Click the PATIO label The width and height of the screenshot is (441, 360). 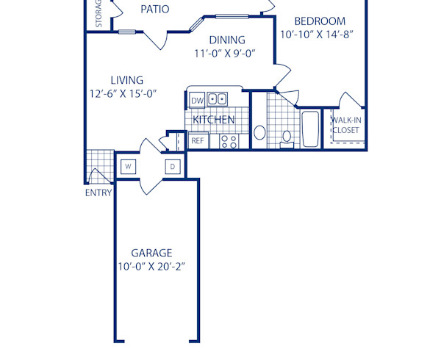[x=154, y=10]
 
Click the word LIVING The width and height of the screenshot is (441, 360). [x=126, y=80]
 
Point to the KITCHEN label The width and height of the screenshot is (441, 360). [x=214, y=119]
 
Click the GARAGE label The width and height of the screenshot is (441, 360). [x=151, y=252]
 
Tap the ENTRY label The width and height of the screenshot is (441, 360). [x=98, y=193]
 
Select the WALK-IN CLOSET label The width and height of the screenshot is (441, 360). [x=345, y=125]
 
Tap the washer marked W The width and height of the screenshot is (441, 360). [x=128, y=167]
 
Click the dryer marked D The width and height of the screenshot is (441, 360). [x=173, y=167]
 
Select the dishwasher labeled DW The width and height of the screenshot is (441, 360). [x=197, y=100]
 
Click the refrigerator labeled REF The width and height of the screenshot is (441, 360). [x=197, y=140]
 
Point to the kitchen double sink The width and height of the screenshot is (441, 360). [x=217, y=99]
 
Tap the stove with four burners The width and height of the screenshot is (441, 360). [x=229, y=140]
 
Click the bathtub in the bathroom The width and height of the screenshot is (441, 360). [x=310, y=129]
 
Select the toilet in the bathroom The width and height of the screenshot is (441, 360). [x=287, y=135]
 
